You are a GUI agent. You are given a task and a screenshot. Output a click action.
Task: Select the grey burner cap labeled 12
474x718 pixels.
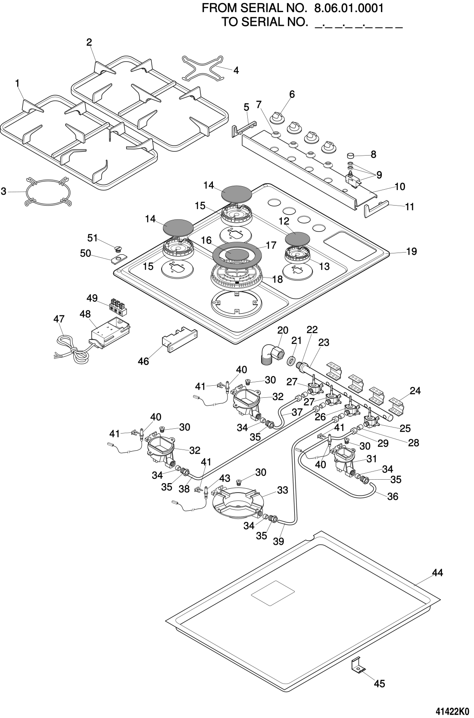(298, 238)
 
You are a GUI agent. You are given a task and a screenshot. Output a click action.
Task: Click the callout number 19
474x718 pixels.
(412, 251)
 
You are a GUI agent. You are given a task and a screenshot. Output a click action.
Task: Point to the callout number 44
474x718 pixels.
(437, 573)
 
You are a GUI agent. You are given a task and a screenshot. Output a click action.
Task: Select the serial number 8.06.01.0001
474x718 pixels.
(349, 8)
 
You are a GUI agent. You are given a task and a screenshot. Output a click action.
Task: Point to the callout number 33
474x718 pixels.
(282, 490)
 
